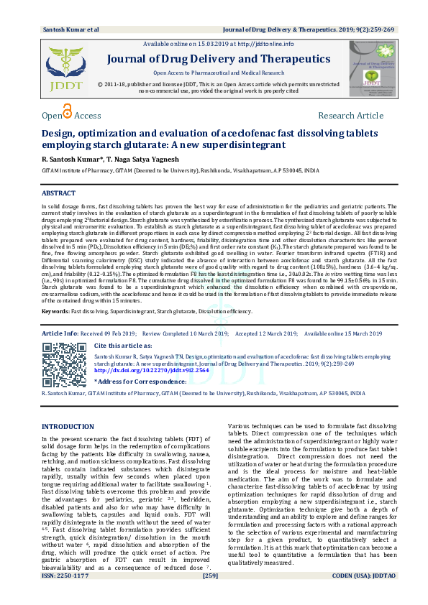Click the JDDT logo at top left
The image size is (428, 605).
(65, 68)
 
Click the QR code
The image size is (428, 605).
(63, 365)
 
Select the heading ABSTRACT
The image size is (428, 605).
(58, 194)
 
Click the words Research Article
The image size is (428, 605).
(350, 116)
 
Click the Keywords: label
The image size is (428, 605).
(55, 312)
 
